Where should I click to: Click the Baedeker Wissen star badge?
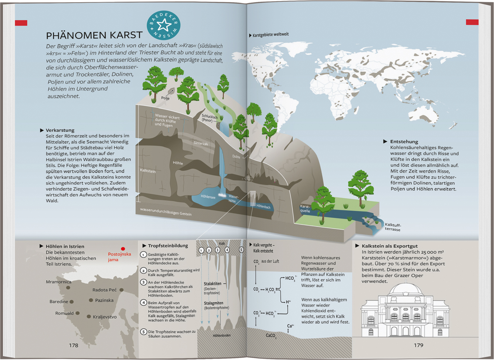point(163,25)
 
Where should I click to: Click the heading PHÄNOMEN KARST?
point(94,35)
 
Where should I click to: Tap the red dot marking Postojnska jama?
point(123,249)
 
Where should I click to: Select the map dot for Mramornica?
point(68,288)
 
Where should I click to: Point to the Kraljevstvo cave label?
point(105,317)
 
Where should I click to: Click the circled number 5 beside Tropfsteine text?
point(143,332)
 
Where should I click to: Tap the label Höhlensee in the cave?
point(208,197)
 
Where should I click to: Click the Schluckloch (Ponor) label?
point(209,118)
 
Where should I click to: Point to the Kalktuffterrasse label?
point(393,227)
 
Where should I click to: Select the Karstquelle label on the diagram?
point(305,208)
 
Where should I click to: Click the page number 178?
point(73,345)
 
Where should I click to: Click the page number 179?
point(419,345)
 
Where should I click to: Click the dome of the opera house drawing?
point(405,290)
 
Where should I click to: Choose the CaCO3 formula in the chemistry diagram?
point(271,336)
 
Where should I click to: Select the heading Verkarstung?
point(60,130)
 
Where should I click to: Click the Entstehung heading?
point(404,142)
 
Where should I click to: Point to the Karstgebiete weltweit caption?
point(270,35)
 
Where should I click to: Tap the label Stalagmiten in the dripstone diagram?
point(213,303)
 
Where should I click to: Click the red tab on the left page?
point(21,23)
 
